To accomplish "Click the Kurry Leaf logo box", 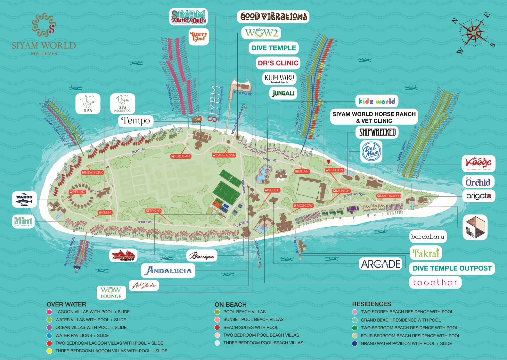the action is [199, 36].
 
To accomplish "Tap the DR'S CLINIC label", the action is [278, 63].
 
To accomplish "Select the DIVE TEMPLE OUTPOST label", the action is [452, 268].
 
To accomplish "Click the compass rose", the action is [473, 33].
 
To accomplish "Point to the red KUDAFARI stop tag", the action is [181, 156].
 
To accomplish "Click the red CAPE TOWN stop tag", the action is [224, 155].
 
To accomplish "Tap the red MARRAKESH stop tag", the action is [389, 196].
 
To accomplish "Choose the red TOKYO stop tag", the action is [153, 211].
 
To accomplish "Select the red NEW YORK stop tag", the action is [92, 172].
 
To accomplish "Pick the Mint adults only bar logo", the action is [23, 221].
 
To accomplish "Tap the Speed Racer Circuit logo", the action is [123, 255].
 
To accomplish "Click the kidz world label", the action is [377, 101].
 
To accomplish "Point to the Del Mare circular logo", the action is [371, 151].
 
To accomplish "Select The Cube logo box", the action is [475, 228].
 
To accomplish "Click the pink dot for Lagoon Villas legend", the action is [49, 312].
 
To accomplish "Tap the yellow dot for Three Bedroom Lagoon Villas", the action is [49, 351].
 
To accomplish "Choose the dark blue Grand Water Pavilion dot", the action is [355, 344].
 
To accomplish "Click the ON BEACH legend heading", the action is [231, 305].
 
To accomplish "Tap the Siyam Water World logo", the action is [188, 17].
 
